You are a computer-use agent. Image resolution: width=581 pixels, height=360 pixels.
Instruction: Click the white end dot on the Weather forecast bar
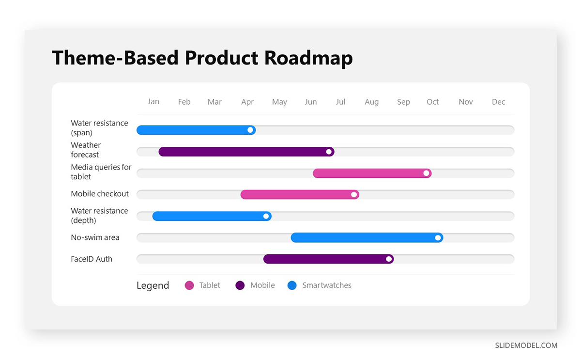point(329,152)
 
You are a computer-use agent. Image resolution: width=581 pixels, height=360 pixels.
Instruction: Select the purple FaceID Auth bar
point(328,259)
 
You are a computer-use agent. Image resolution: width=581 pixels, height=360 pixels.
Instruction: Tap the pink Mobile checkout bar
point(300,194)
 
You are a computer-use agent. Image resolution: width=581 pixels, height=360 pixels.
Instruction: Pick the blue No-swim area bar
point(367,237)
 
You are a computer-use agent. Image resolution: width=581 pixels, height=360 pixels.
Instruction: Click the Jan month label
point(153,101)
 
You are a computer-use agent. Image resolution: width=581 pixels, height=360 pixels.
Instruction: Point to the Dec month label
point(498,102)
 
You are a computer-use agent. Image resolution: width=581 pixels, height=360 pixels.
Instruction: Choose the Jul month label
point(340,102)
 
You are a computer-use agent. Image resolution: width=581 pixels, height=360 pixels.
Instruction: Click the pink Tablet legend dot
point(189,285)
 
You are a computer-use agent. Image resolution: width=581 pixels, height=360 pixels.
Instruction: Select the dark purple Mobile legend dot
point(240,285)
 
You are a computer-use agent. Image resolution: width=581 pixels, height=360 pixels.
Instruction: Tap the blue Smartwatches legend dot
point(292,285)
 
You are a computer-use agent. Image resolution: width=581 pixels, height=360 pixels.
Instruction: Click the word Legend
point(153,285)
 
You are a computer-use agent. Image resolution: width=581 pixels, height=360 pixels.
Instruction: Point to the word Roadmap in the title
point(308,58)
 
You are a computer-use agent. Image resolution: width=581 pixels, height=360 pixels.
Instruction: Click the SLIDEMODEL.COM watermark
point(526,345)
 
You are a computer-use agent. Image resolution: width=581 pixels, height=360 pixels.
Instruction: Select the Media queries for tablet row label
point(101,172)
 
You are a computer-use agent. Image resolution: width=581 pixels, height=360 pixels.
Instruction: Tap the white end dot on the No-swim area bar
point(438,238)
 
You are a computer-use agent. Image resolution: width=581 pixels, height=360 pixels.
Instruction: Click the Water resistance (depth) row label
point(99,216)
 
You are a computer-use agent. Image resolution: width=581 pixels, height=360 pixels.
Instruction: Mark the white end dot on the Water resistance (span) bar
point(250,130)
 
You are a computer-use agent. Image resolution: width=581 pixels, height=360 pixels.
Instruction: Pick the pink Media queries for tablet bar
point(372,173)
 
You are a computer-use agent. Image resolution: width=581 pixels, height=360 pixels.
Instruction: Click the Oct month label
point(433,102)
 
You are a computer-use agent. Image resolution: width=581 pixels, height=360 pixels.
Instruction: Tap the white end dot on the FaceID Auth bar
point(389,259)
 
